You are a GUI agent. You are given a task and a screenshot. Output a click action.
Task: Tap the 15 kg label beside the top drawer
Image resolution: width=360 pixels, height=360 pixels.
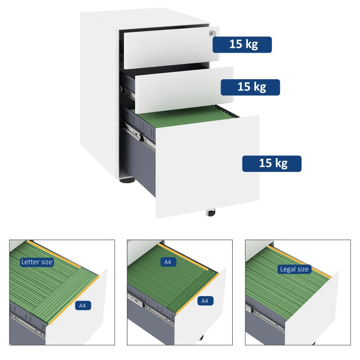click(242, 45)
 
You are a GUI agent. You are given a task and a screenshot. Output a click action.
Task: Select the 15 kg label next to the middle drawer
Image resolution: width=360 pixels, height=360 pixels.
click(250, 87)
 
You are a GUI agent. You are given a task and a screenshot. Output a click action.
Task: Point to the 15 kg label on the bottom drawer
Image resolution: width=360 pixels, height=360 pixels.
click(272, 163)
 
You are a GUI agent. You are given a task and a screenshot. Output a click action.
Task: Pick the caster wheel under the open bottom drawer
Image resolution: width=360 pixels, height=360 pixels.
click(210, 212)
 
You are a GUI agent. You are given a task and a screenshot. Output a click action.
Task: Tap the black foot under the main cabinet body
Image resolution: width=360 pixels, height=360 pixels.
click(127, 181)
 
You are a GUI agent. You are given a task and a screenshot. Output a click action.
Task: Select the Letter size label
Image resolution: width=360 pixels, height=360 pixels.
click(37, 261)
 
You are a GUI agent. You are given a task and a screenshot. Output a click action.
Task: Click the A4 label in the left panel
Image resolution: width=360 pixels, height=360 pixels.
click(82, 306)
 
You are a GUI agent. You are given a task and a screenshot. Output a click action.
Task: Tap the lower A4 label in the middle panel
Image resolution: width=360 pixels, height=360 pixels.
click(205, 301)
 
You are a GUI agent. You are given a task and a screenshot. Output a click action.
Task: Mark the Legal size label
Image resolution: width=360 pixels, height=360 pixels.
click(294, 269)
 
